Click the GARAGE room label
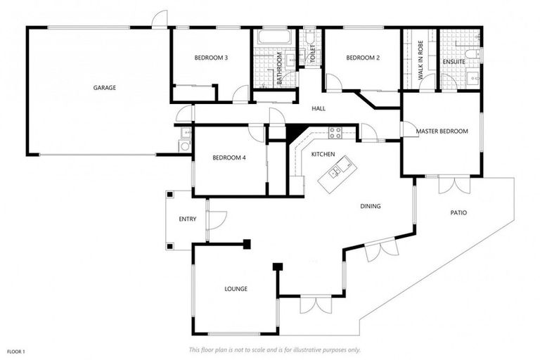pyautogui.click(x=105, y=88)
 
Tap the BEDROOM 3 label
pyautogui.click(x=210, y=58)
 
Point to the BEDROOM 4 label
pyautogui.click(x=229, y=157)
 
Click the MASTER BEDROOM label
pyautogui.click(x=442, y=131)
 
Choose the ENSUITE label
pyautogui.click(x=454, y=62)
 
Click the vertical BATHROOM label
pyautogui.click(x=279, y=68)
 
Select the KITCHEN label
pyautogui.click(x=323, y=153)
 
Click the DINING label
pyautogui.click(x=371, y=206)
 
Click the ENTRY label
pyautogui.click(x=188, y=219)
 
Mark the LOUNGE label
pyautogui.click(x=236, y=288)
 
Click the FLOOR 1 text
pyautogui.click(x=16, y=350)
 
